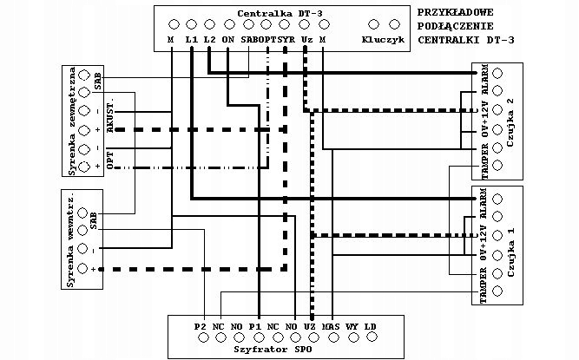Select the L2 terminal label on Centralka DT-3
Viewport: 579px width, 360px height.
(209, 40)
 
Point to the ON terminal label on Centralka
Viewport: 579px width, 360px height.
(227, 40)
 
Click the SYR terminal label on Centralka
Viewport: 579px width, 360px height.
(286, 40)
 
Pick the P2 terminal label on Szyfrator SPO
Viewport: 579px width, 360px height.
(200, 327)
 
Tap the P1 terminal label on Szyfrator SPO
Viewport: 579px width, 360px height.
(255, 327)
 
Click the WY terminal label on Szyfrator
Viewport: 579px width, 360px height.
(352, 327)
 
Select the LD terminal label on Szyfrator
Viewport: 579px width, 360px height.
(370, 327)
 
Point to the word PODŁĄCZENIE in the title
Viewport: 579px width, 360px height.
(457, 26)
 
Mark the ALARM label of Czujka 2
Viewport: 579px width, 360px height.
(484, 80)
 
